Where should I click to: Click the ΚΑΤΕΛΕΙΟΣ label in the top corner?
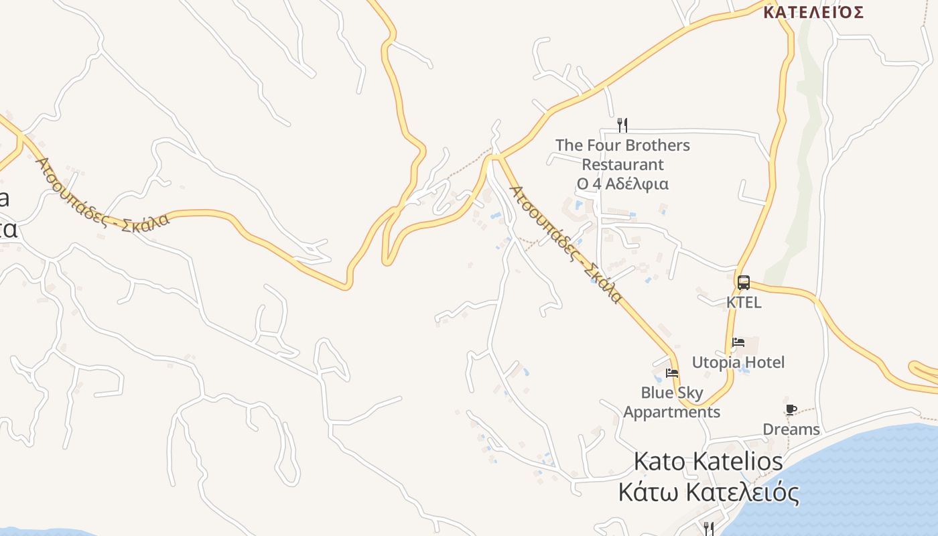click(x=813, y=12)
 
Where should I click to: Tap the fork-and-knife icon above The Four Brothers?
click(x=622, y=125)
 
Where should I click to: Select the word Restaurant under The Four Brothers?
click(x=622, y=164)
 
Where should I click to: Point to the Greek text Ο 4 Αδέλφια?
click(x=622, y=184)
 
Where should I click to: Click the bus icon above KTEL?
click(x=743, y=283)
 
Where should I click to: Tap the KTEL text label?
click(x=744, y=302)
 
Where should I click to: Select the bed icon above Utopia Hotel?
click(x=738, y=342)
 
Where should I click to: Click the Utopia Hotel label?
click(x=738, y=362)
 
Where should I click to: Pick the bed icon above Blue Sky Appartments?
click(x=672, y=373)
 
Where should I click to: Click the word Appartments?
click(x=671, y=412)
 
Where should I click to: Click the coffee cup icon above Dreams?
click(x=791, y=409)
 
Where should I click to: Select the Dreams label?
click(x=791, y=429)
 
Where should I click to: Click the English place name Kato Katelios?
click(x=708, y=462)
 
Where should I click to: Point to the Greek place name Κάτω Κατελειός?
click(x=708, y=493)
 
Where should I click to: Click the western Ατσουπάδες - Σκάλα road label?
click(x=103, y=195)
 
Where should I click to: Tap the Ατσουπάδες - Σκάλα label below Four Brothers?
click(x=566, y=244)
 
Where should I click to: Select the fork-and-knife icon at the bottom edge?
click(x=708, y=529)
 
